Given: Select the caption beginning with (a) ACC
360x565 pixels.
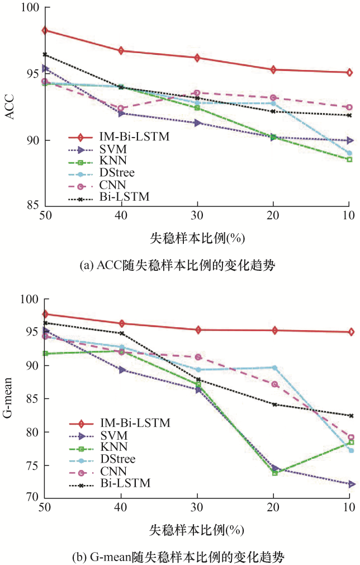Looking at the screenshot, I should pos(178,267).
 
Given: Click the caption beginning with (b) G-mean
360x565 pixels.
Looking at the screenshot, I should pos(178,557).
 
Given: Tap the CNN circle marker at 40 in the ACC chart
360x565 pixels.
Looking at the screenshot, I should pos(121,109).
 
